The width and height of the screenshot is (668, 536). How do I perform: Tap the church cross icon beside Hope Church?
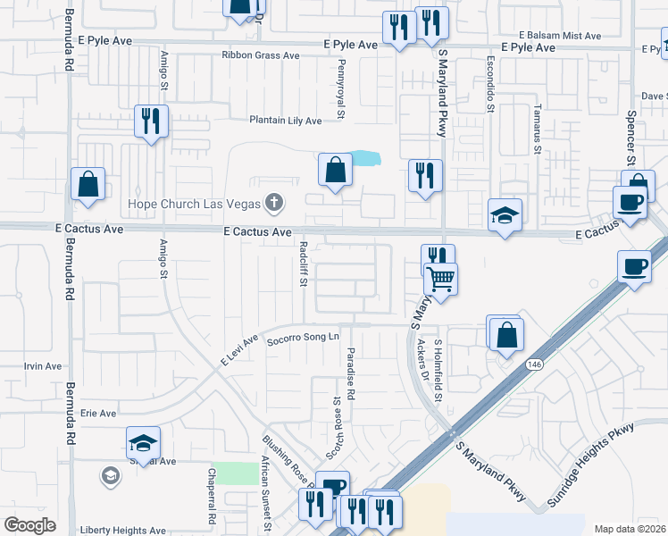click(275, 204)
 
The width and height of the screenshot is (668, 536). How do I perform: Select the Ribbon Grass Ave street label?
click(261, 55)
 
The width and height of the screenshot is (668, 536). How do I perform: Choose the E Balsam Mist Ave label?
click(559, 36)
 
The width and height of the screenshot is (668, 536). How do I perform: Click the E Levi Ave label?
click(239, 349)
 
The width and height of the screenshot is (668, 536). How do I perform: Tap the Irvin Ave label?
click(43, 366)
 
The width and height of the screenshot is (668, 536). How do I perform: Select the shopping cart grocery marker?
click(440, 279)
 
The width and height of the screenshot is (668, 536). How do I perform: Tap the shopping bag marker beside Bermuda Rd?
click(88, 184)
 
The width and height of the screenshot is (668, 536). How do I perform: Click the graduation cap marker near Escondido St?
click(505, 215)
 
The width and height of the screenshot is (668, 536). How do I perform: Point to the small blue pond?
click(364, 159)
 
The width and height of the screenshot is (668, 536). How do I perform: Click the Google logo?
click(29, 525)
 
